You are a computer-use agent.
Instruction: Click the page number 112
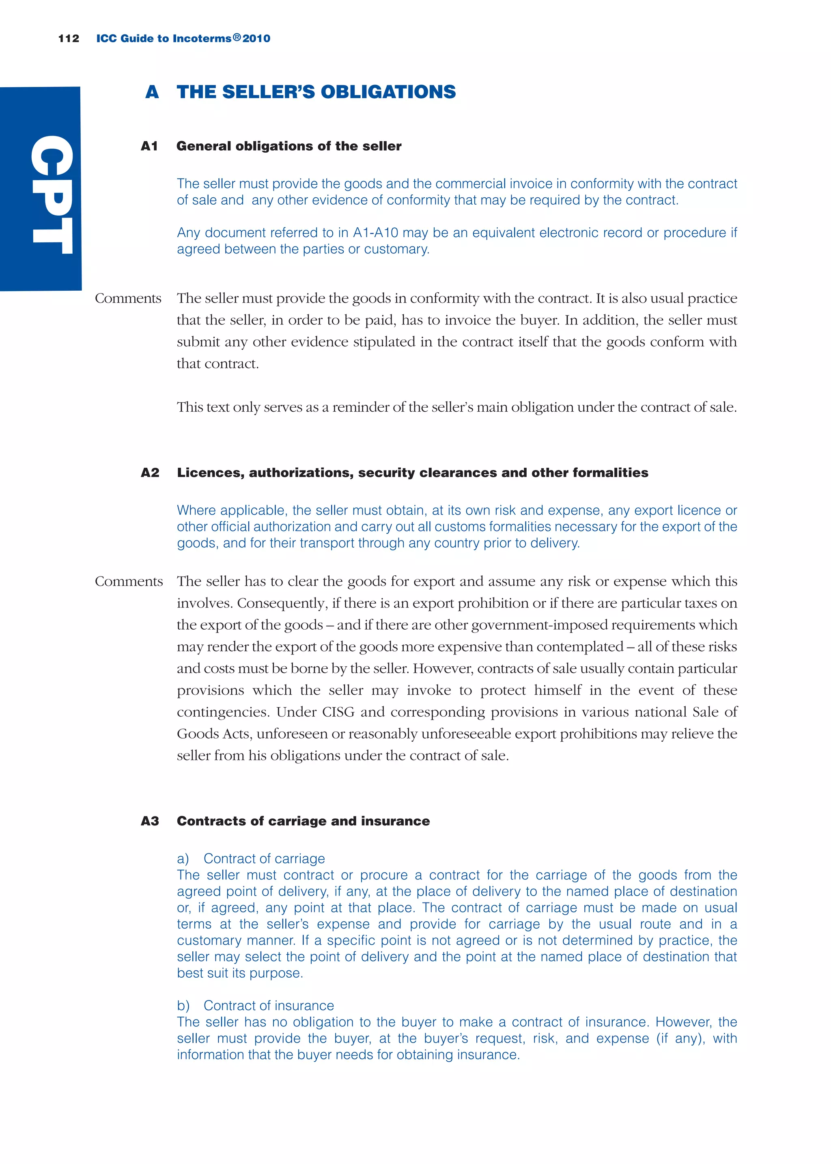(69, 39)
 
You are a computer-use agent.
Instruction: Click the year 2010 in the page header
(256, 39)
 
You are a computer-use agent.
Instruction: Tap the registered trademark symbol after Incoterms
(237, 37)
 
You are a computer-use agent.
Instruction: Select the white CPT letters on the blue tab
(51, 194)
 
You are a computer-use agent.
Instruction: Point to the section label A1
(149, 147)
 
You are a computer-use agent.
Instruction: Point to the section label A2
(150, 473)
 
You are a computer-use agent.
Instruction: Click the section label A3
(150, 821)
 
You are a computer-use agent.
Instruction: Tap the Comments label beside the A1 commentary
(128, 298)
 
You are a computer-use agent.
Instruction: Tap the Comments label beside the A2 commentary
(129, 581)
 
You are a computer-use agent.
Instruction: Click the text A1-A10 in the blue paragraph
(375, 233)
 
